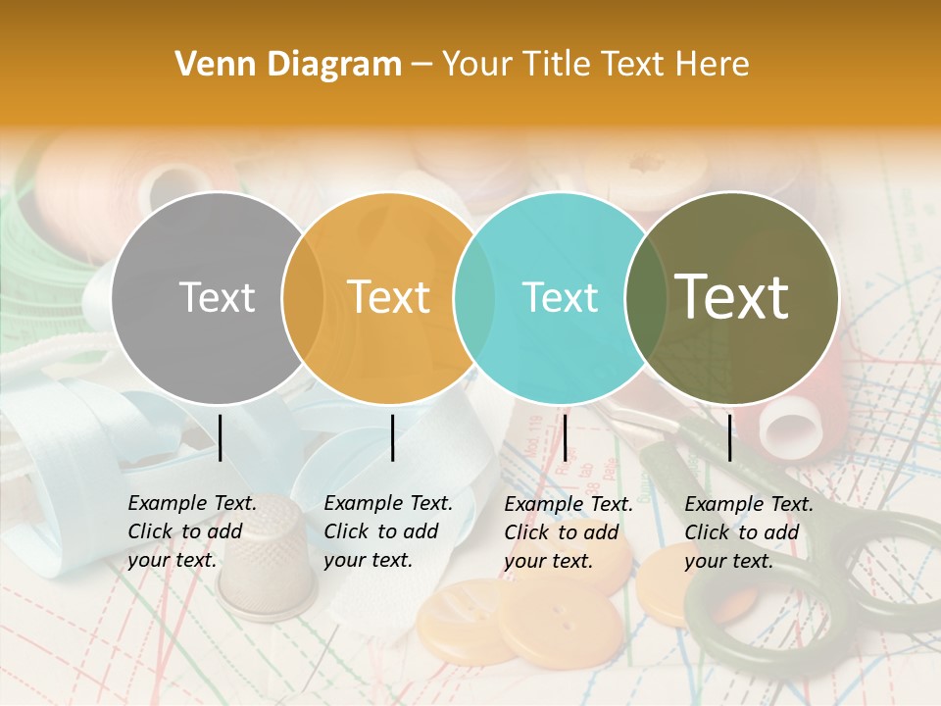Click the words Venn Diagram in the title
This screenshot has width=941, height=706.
click(x=288, y=65)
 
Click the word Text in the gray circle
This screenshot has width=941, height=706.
click(x=217, y=297)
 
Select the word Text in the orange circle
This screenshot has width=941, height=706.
click(x=388, y=297)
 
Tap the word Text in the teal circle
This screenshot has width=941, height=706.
click(x=560, y=297)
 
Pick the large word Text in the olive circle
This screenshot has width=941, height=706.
click(x=731, y=296)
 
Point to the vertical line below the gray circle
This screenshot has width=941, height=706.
click(x=221, y=437)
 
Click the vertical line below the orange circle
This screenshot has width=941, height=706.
click(x=392, y=437)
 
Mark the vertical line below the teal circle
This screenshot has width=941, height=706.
click(x=565, y=437)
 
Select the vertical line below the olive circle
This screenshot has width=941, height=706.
click(x=730, y=437)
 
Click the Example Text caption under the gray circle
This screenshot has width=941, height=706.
click(x=192, y=531)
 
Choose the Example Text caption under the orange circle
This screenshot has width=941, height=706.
click(x=388, y=531)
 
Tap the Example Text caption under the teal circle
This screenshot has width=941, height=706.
click(x=569, y=532)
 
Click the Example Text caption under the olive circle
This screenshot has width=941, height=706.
click(x=749, y=532)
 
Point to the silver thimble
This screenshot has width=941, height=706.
click(x=266, y=559)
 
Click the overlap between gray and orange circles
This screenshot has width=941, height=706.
click(x=303, y=297)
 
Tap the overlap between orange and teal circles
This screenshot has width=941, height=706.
click(x=474, y=297)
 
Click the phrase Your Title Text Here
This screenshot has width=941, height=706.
click(x=595, y=65)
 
